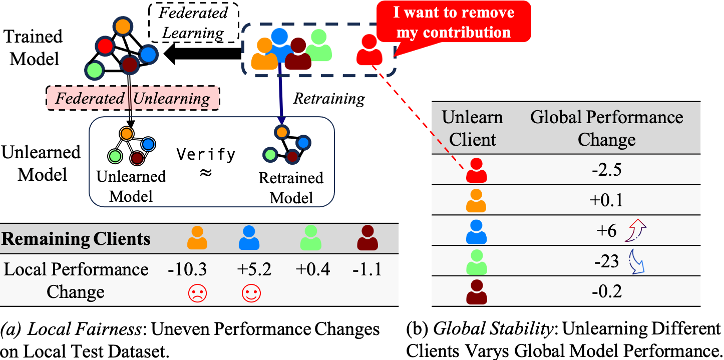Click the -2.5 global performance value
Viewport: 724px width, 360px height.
(606, 170)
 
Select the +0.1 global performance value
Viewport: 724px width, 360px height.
(606, 200)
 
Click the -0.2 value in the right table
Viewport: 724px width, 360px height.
(606, 291)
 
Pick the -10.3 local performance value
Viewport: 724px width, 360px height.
(187, 270)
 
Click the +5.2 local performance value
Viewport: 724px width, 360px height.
(254, 270)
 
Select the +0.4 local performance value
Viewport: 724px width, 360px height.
(312, 270)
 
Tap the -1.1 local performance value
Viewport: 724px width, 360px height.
(367, 270)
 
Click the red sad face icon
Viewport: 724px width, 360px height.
(197, 293)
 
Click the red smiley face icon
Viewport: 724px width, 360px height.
(251, 293)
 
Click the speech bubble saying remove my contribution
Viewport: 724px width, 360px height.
(453, 23)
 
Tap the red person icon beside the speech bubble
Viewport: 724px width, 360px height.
(370, 50)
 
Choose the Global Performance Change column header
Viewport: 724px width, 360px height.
(606, 128)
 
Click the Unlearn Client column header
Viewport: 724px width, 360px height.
(472, 128)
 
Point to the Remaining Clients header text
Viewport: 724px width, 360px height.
(76, 239)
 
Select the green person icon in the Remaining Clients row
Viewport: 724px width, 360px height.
(310, 238)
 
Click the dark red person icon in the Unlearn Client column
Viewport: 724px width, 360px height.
(476, 292)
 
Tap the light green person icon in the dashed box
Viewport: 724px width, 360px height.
(318, 46)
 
